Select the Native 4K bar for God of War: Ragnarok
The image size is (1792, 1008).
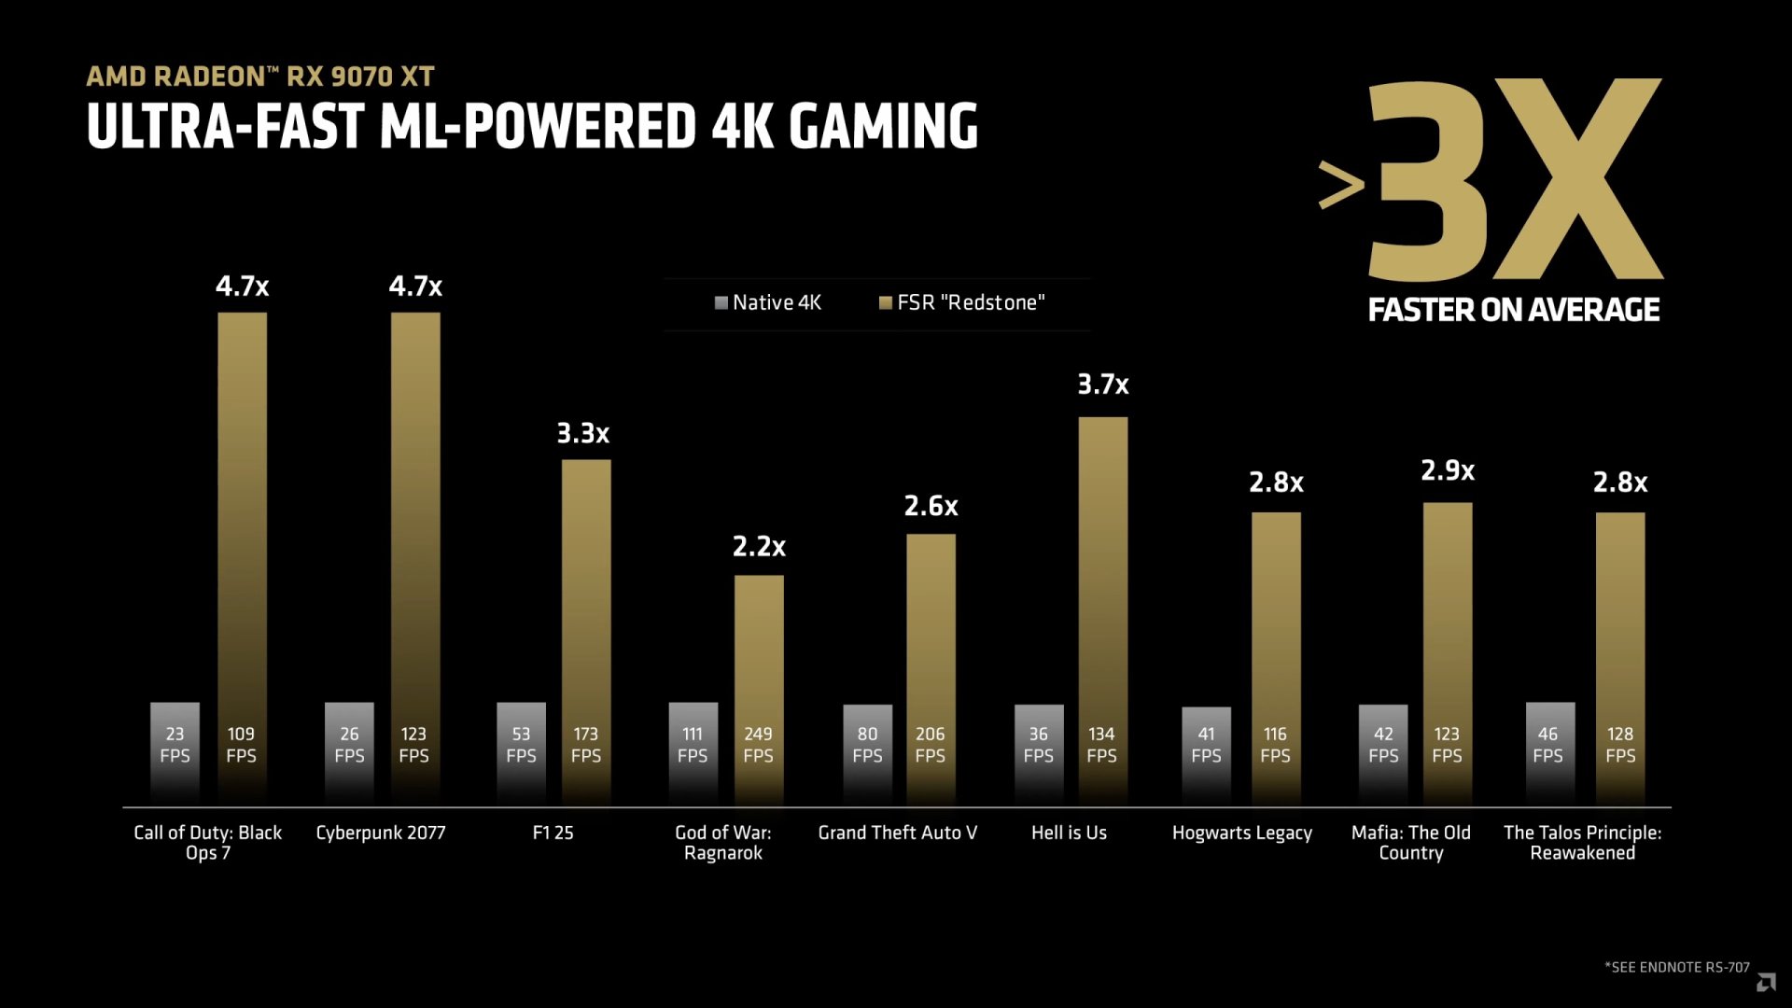[x=693, y=747]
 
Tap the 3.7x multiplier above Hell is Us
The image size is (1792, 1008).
[x=1102, y=385]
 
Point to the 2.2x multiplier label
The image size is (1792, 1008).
[x=759, y=547]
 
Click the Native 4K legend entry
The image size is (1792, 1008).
[x=767, y=302]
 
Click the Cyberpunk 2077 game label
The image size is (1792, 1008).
[x=381, y=833]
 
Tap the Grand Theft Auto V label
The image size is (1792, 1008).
[x=897, y=833]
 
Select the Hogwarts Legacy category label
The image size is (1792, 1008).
[x=1241, y=833]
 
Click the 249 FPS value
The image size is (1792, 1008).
[x=758, y=745]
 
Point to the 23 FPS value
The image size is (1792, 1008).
[x=175, y=745]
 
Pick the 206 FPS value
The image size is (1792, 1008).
[x=930, y=745]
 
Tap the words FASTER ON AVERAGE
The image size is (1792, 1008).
[x=1513, y=310]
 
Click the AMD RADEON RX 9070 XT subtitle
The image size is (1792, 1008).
[x=260, y=77]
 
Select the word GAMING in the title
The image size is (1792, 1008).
[x=883, y=127]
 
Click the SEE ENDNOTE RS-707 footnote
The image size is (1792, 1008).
[x=1676, y=967]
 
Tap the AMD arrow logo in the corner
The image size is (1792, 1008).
[x=1766, y=982]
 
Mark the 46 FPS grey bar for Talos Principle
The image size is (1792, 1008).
[x=1549, y=747]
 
